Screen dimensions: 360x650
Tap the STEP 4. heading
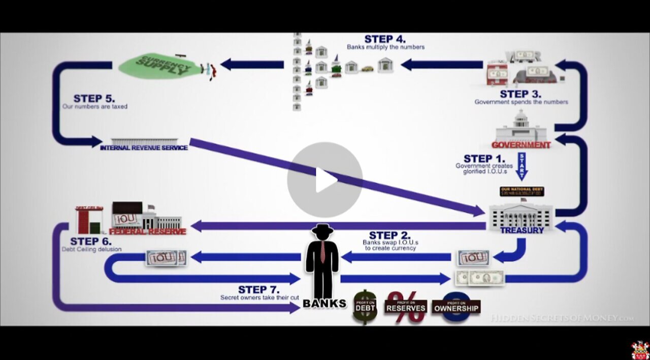tap(385, 39)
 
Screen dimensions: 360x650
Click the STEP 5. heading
tap(94, 99)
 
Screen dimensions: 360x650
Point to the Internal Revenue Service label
tap(144, 148)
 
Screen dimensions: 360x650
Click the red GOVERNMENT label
tap(521, 145)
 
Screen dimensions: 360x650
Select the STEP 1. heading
tap(484, 158)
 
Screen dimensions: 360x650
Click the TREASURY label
tap(522, 231)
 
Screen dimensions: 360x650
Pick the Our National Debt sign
tap(522, 191)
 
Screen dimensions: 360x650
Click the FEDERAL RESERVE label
tap(147, 232)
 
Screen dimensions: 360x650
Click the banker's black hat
tap(322, 230)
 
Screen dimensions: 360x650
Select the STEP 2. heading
tap(389, 235)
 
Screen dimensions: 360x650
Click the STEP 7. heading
tap(258, 290)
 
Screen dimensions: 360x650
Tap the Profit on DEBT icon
tap(365, 307)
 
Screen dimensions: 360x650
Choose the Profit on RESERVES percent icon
tap(405, 307)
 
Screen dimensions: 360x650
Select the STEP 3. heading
tap(521, 94)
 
